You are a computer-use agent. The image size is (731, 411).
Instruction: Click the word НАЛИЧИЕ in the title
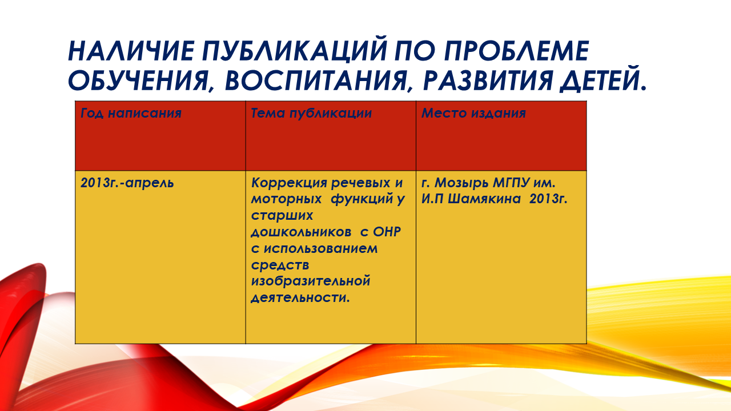131,51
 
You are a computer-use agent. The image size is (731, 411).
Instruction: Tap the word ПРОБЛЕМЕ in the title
516,51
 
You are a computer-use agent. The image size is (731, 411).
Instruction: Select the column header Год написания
131,113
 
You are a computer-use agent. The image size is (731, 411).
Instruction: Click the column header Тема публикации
311,113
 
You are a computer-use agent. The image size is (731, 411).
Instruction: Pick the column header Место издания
473,113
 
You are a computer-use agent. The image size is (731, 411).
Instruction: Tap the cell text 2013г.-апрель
127,183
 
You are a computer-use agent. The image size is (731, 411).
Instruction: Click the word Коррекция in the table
289,183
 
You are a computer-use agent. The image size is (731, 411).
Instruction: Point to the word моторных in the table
286,199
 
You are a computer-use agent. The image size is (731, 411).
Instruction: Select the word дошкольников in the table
301,232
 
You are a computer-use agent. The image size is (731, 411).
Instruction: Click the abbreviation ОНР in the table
387,232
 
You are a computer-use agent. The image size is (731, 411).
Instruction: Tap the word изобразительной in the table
311,281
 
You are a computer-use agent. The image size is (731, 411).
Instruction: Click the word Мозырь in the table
461,183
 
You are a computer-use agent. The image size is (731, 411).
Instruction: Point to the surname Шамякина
484,199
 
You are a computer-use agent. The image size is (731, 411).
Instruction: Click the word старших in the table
282,216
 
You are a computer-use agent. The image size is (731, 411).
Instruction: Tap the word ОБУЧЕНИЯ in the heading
138,80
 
